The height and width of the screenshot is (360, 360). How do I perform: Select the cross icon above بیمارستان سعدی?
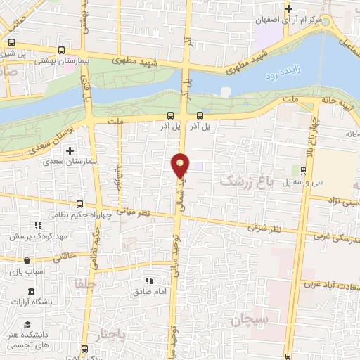(70, 150)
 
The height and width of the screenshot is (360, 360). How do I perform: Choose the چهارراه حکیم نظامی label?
(81, 217)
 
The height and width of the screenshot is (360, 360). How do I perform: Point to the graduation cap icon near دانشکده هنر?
(27, 324)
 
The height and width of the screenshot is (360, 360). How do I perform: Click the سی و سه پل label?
(277, 183)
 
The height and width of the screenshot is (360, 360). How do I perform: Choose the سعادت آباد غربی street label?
(330, 285)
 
